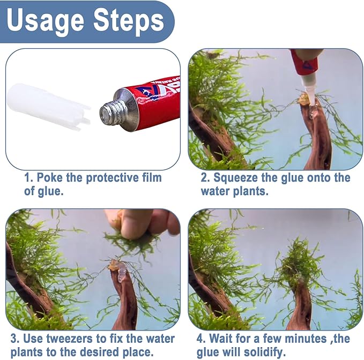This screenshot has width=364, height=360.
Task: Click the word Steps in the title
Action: [x=129, y=21]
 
